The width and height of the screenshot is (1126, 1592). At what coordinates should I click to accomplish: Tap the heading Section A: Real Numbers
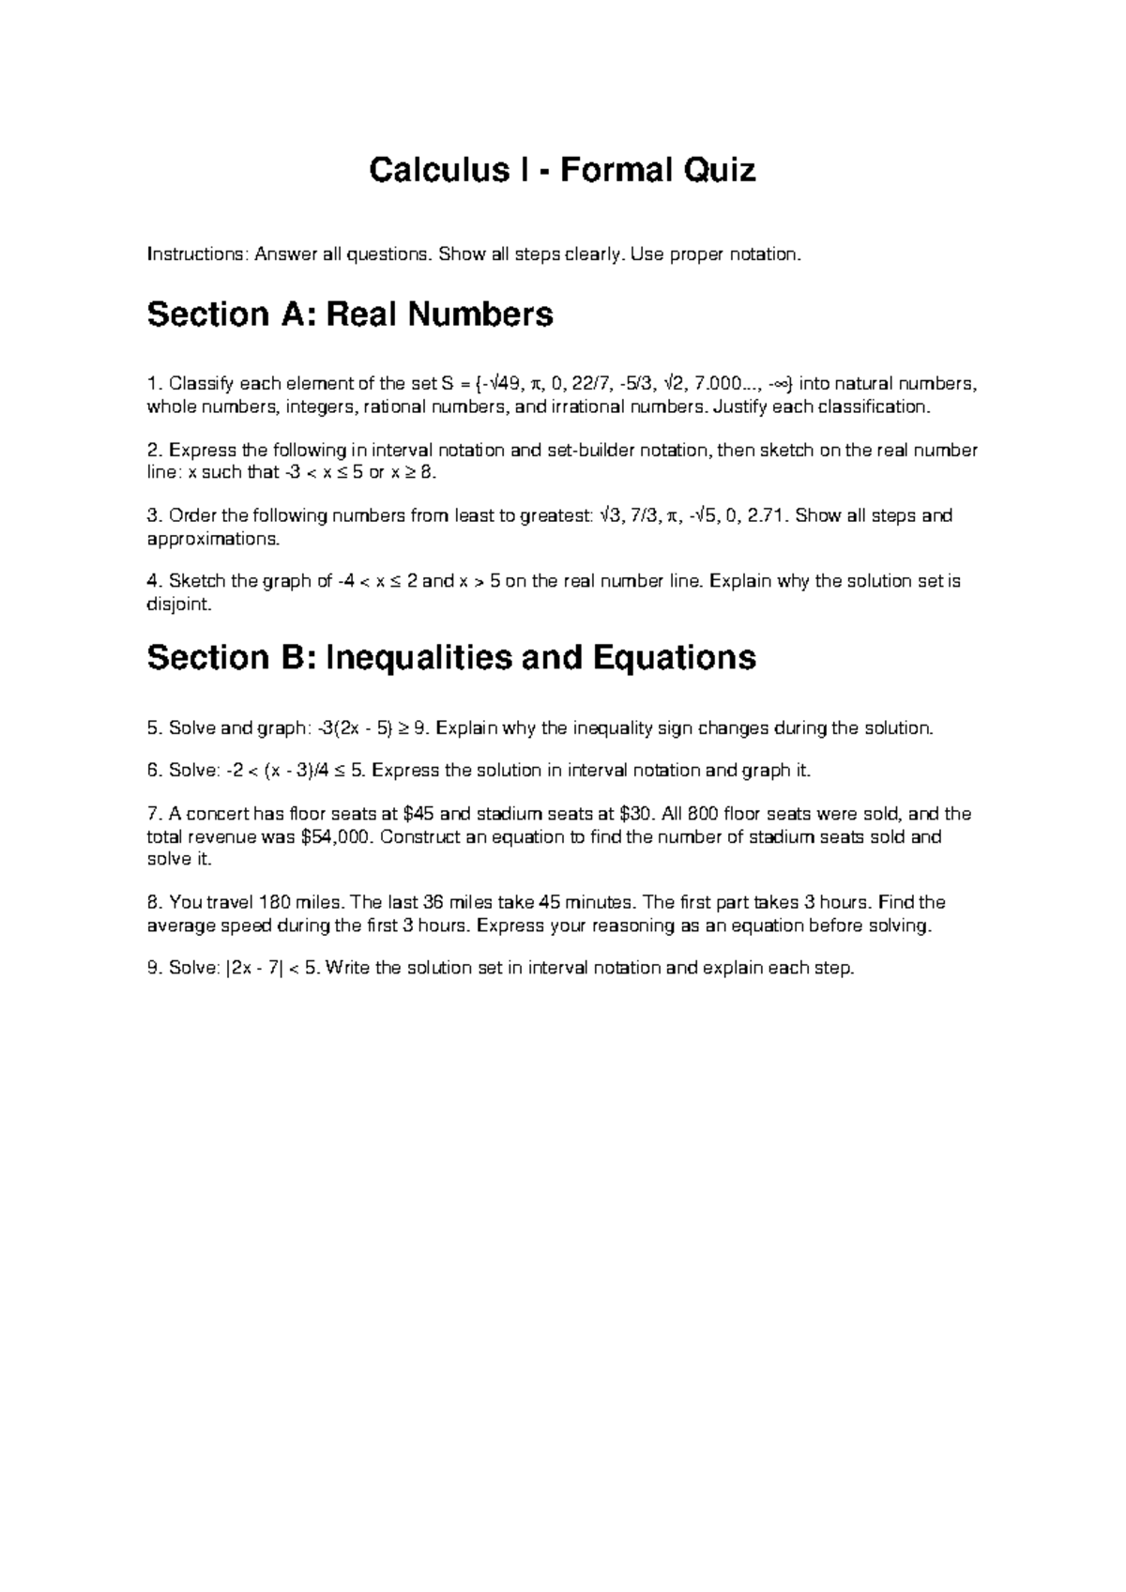point(350,314)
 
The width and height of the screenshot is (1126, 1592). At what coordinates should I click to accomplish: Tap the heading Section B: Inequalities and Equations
point(451,658)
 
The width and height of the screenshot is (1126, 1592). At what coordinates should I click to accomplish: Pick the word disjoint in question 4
point(178,605)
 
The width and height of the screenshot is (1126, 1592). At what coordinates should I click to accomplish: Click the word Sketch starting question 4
point(197,581)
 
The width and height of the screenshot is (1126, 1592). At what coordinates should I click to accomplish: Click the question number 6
point(155,771)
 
